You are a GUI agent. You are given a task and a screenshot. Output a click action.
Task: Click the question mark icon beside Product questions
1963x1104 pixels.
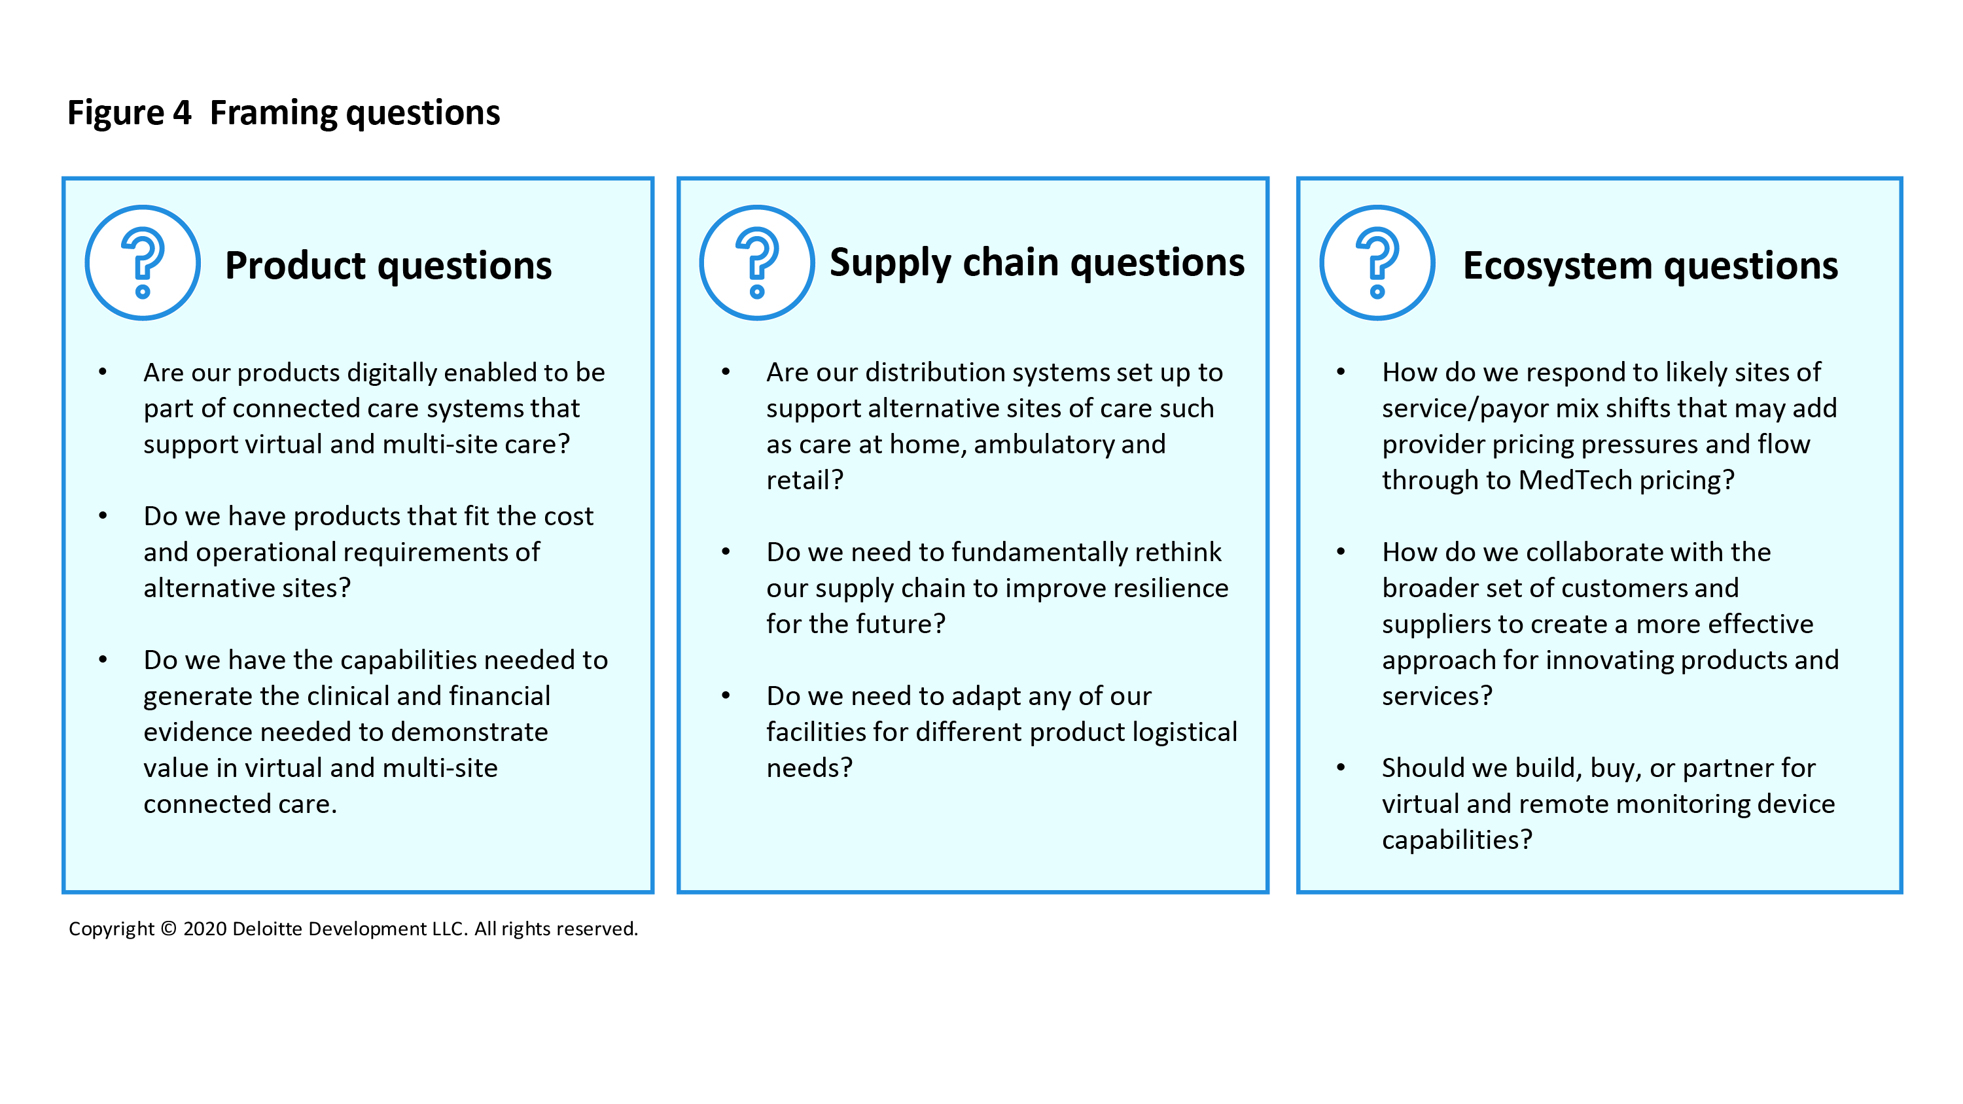click(x=143, y=263)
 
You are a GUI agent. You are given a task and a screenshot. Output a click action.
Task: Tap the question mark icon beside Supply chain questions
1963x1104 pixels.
click(x=756, y=263)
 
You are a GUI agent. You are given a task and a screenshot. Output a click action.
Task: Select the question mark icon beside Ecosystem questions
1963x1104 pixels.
click(x=1377, y=263)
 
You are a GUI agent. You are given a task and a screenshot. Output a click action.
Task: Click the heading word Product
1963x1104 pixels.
click(x=296, y=266)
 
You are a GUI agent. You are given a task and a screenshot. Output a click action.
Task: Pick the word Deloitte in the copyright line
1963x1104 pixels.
click(x=268, y=929)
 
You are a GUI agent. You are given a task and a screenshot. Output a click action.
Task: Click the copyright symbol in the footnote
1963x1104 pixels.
click(x=169, y=929)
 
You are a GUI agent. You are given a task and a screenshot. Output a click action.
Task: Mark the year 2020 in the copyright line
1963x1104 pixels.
click(x=205, y=929)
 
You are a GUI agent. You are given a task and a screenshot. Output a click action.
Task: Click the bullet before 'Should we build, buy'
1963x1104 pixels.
click(x=1341, y=767)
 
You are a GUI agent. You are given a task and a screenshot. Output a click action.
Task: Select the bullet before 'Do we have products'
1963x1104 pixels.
click(x=103, y=516)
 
